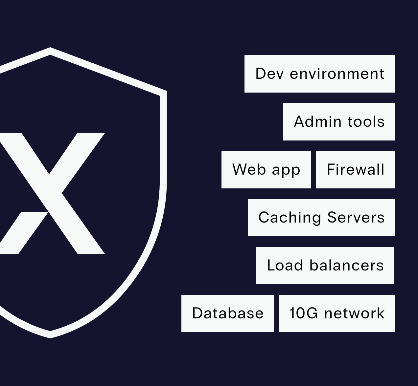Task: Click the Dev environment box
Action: (x=319, y=74)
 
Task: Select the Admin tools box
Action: (x=339, y=122)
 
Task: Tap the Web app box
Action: (x=266, y=170)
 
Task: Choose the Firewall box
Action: (x=356, y=170)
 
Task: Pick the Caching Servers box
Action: (x=321, y=218)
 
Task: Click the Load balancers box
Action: (x=325, y=266)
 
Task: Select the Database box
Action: (x=228, y=313)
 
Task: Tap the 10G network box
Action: (x=337, y=313)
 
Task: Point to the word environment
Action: (x=337, y=74)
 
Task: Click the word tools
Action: (x=366, y=122)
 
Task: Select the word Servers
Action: (x=356, y=217)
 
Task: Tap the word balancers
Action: (x=347, y=265)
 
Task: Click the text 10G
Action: (x=304, y=313)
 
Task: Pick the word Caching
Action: (x=290, y=218)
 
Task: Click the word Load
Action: (x=285, y=265)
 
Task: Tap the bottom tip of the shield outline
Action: (x=50, y=338)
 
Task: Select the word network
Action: (x=355, y=313)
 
